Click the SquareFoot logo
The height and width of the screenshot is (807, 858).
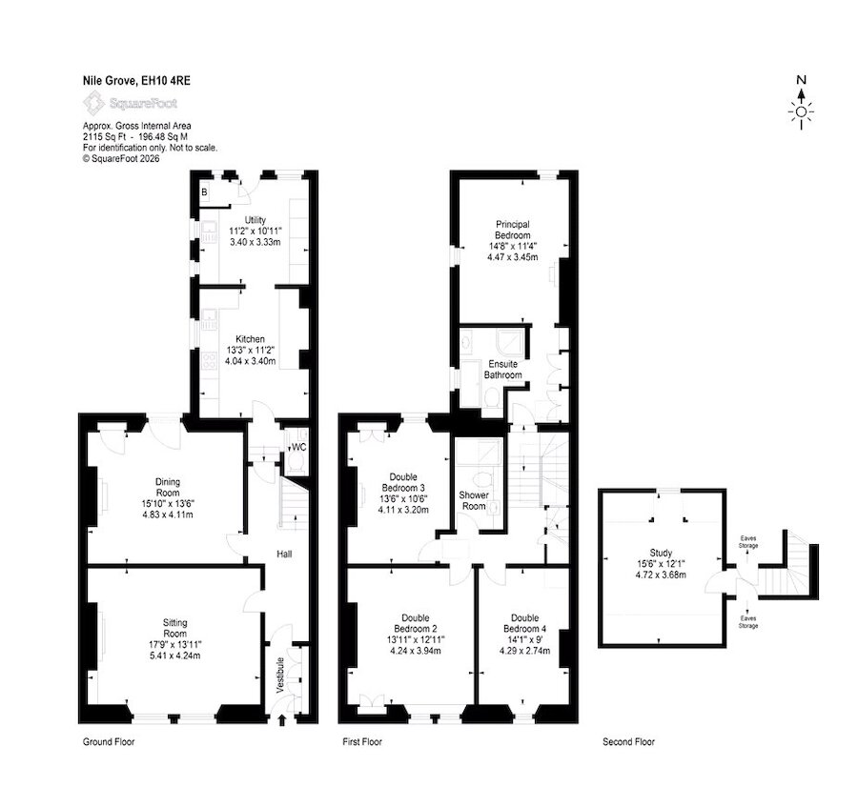pos(131,103)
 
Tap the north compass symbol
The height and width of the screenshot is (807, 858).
pos(801,103)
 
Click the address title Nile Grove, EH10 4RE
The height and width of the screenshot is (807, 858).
pos(136,81)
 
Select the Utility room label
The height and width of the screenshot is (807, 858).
pos(255,220)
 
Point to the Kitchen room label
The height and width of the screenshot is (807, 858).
pos(250,339)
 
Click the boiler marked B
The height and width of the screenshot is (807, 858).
pos(204,192)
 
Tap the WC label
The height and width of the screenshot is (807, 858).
pos(298,447)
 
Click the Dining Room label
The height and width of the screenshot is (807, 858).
pos(168,487)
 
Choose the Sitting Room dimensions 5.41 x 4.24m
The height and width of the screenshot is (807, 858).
pos(174,656)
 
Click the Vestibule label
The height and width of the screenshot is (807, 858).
pos(280,676)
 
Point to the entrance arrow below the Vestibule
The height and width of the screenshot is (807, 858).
pos(282,720)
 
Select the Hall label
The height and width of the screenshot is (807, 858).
pos(284,554)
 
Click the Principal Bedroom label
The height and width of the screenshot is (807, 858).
pos(513,230)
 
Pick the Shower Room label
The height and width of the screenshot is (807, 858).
pos(474,500)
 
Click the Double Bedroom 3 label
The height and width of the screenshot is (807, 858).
pos(403,482)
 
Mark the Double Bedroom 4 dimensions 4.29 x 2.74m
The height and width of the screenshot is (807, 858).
pos(524,651)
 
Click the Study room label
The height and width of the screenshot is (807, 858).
pos(661,553)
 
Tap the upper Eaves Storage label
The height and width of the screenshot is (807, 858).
pos(748,542)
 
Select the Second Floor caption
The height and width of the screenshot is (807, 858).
pos(629,742)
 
